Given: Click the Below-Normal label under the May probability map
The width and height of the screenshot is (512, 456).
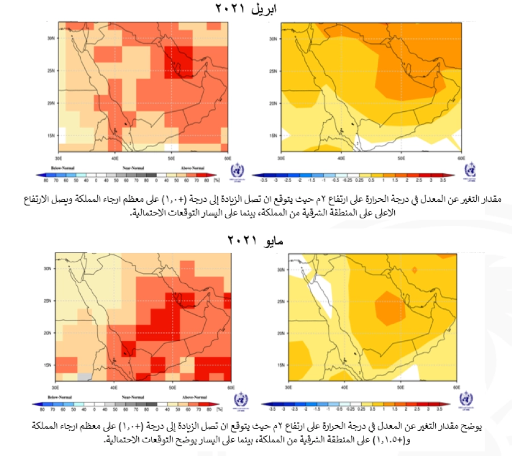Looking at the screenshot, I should [x=58, y=397].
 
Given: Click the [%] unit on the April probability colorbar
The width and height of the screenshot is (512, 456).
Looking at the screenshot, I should [x=216, y=178].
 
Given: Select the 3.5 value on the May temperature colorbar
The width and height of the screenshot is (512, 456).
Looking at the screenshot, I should [x=439, y=409].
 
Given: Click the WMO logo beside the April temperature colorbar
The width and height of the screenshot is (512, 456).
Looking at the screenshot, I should [x=470, y=171].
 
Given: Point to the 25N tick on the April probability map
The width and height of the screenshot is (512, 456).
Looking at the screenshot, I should [x=50, y=71].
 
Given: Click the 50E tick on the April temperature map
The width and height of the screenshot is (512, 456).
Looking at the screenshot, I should [x=401, y=157].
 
